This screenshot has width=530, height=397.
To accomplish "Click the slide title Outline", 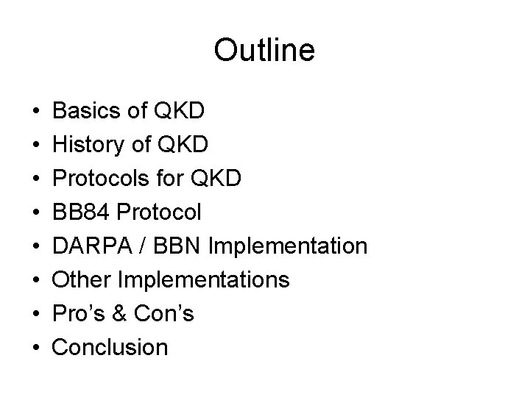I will pos(264,51).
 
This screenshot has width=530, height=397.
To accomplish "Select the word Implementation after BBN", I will pos(288,246).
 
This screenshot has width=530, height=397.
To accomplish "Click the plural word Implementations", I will pos(205,279).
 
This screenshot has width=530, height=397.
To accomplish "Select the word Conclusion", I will pos(111,347).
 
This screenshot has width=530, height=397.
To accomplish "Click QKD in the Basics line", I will pos(182,112).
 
